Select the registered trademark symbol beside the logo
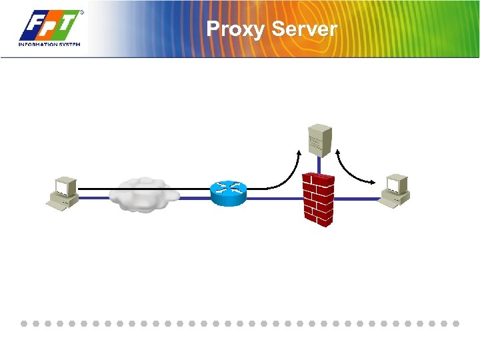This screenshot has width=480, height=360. pyautogui.click(x=82, y=12)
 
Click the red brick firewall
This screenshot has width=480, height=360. pyautogui.click(x=318, y=199)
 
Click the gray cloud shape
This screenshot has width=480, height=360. pyautogui.click(x=144, y=194)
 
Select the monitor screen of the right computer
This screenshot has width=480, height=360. pyautogui.click(x=397, y=181)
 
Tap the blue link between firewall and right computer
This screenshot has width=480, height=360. pyautogui.click(x=356, y=199)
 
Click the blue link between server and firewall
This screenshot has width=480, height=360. pyautogui.click(x=319, y=165)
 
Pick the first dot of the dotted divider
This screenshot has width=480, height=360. pyautogui.click(x=23, y=323)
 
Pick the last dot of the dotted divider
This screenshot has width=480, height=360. pyautogui.click(x=457, y=323)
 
